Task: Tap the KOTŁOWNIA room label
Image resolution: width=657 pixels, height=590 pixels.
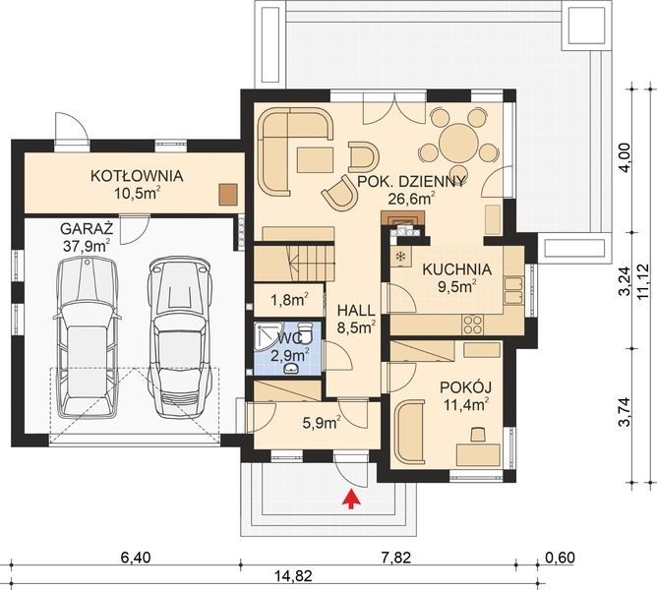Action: (137, 177)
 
